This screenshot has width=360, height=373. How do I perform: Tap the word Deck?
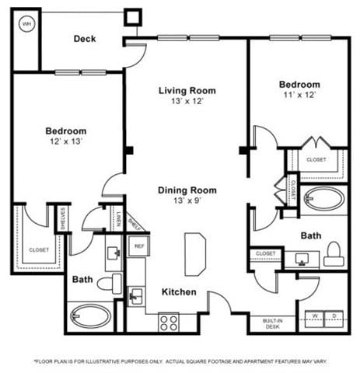click(x=85, y=38)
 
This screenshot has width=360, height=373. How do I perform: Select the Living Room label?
click(x=187, y=90)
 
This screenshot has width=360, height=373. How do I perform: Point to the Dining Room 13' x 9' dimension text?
click(x=187, y=201)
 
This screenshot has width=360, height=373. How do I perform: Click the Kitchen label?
click(x=178, y=292)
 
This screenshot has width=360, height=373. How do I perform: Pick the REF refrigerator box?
click(x=138, y=246)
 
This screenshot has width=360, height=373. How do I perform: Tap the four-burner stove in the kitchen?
click(x=169, y=320)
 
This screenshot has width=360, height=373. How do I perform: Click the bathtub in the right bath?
click(x=324, y=199)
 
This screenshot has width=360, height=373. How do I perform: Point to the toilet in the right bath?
click(x=334, y=254)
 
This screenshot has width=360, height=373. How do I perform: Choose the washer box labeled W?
click(x=315, y=315)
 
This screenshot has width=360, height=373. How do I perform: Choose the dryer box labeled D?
click(x=337, y=315)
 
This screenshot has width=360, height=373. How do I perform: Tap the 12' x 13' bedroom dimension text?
click(x=65, y=141)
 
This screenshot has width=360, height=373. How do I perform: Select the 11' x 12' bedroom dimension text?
click(x=299, y=95)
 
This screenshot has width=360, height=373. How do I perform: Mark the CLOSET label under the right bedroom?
click(x=316, y=159)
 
